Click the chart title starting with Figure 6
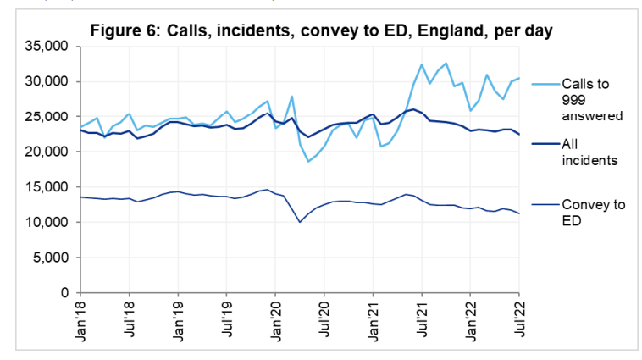[321, 32]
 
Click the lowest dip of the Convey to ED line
[300, 222]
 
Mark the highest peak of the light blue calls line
[446, 63]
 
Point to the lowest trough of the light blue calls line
[308, 161]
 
